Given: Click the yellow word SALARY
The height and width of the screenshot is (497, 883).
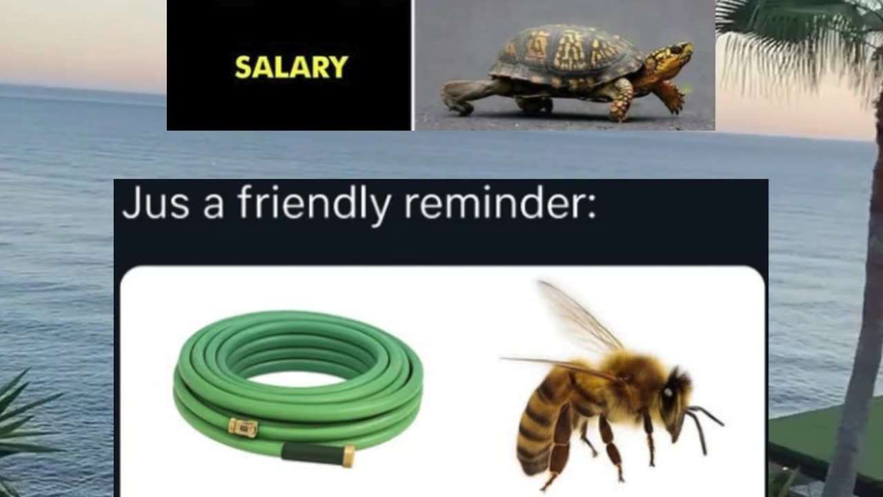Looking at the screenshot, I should (291, 67).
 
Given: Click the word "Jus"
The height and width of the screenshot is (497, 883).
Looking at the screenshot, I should (155, 204).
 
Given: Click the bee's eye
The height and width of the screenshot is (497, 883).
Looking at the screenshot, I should (668, 394).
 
